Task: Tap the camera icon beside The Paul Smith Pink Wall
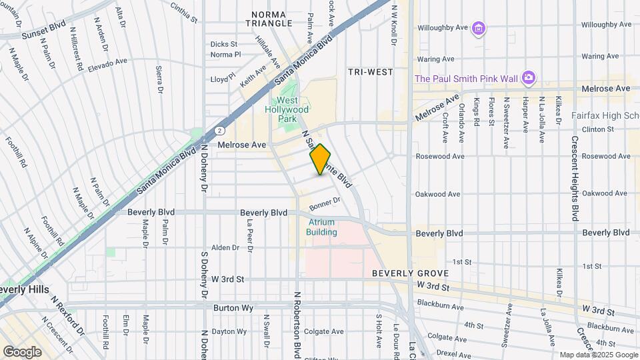(x=528, y=78)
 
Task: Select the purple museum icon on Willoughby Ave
(x=477, y=27)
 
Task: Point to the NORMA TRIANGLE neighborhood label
(x=272, y=19)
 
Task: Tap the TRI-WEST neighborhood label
(x=370, y=71)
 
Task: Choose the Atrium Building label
(x=321, y=227)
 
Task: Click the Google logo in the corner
(x=22, y=351)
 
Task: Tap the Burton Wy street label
(x=231, y=308)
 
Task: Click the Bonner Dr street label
(x=325, y=201)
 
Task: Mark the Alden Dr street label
(x=225, y=247)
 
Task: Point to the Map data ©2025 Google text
(x=597, y=355)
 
